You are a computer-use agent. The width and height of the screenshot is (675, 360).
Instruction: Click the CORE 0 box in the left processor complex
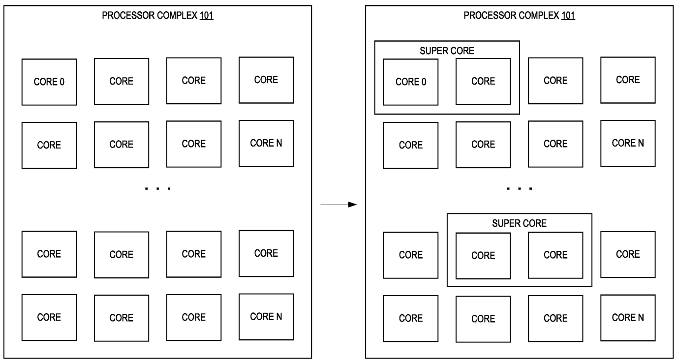click(49, 82)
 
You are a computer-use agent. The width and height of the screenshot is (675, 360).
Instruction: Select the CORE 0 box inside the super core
click(411, 82)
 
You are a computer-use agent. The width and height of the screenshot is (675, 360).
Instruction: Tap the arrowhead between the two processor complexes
click(352, 205)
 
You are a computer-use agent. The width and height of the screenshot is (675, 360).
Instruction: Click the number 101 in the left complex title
click(207, 15)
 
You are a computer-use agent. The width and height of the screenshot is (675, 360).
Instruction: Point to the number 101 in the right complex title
click(568, 15)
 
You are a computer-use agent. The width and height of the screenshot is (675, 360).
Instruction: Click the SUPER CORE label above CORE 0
click(447, 51)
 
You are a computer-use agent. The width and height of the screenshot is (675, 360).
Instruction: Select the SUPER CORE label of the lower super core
click(519, 223)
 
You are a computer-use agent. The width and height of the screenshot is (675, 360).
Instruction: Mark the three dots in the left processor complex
click(157, 188)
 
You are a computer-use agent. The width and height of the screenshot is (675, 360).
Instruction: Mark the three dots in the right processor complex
click(519, 188)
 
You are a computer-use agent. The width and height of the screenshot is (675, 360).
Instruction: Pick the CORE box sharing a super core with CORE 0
click(483, 81)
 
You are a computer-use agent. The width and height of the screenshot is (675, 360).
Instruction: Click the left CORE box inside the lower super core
click(483, 256)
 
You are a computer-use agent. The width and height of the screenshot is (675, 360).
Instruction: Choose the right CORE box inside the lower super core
click(555, 255)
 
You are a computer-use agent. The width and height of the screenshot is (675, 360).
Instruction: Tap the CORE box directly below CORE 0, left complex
click(49, 145)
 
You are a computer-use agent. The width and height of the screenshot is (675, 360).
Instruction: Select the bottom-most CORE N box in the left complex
click(266, 317)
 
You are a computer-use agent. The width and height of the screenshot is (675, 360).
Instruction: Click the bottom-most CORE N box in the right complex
click(628, 318)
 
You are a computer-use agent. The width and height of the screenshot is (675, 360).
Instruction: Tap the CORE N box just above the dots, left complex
click(266, 144)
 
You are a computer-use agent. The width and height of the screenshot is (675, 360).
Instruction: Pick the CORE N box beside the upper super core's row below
click(628, 144)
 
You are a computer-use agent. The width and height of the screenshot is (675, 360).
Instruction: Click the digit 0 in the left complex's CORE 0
click(62, 82)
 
